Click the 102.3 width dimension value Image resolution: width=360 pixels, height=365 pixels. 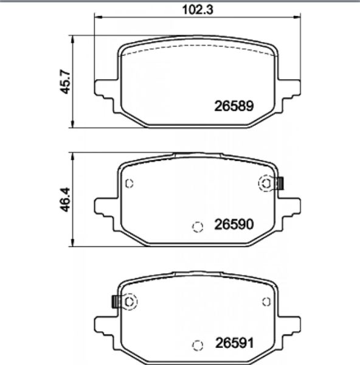point(198,10)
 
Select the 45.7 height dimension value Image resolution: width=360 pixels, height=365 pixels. point(65,82)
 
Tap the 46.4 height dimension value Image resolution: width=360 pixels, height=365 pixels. point(65,200)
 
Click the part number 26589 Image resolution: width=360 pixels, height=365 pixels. point(234,106)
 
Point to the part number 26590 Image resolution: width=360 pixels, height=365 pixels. point(234,224)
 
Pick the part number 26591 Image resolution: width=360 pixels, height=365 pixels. point(234,343)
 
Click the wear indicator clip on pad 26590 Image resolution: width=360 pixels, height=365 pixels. point(281,183)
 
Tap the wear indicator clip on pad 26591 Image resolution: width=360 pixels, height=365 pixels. point(115,302)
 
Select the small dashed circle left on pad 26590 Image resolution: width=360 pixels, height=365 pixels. point(129,184)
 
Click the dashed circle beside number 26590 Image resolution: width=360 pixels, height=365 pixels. point(198,227)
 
